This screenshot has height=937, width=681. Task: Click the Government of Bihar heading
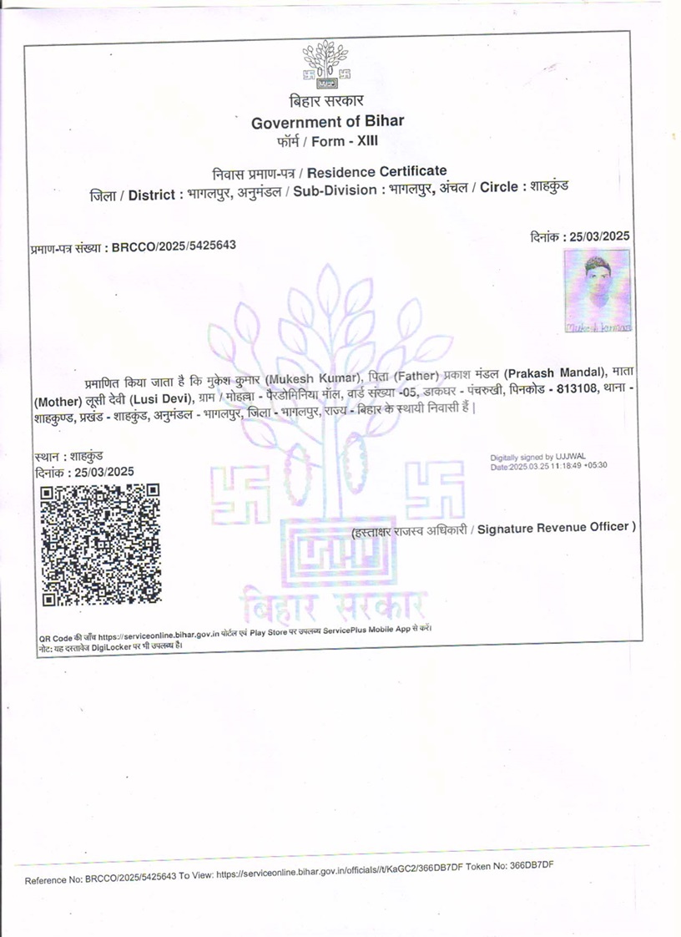tap(327, 121)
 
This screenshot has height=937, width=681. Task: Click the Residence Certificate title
tap(377, 172)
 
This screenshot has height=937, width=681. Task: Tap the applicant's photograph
tap(598, 291)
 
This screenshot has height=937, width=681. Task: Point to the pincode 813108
tap(576, 393)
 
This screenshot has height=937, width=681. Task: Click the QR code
tap(100, 544)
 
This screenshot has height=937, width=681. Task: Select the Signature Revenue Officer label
tap(557, 527)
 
